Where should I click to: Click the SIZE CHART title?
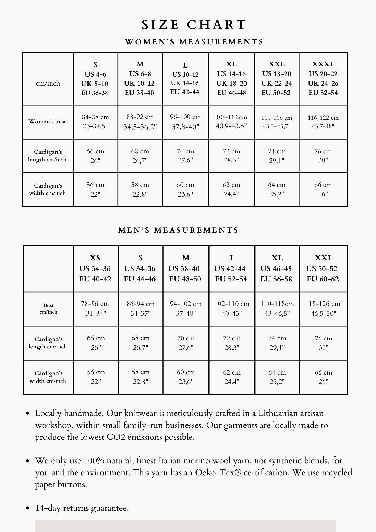194,25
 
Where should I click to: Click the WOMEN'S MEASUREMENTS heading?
194,42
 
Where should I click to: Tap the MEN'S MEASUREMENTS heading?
178,230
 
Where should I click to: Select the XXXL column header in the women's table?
323,78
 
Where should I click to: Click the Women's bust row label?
47,122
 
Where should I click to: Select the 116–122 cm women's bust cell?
323,122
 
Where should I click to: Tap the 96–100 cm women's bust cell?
185,122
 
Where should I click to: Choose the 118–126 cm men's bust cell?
323,309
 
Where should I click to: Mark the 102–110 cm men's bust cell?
232,309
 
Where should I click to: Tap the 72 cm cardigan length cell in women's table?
231,156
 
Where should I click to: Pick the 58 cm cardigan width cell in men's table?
140,377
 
